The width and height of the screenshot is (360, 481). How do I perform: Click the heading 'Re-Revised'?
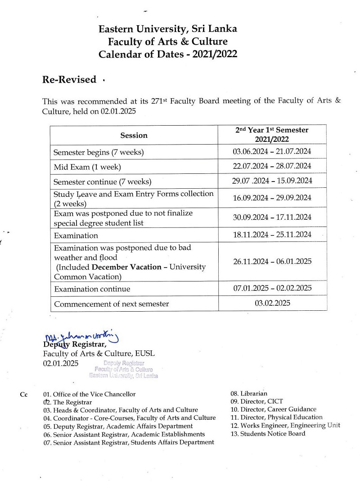[x=69, y=80]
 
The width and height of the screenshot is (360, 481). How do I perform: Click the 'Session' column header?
[x=134, y=135]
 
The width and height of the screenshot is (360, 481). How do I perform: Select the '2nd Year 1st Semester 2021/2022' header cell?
[x=272, y=135]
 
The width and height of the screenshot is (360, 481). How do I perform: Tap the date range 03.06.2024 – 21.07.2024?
[x=272, y=151]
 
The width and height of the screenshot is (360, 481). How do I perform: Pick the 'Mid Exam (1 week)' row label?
[x=87, y=167]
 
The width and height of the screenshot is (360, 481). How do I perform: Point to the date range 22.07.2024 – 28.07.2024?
[x=272, y=166]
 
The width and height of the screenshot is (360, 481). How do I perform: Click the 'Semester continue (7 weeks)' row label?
[x=102, y=182]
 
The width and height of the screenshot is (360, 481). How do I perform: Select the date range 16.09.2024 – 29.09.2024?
[x=272, y=197]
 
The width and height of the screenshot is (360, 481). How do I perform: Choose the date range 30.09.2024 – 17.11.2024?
[x=272, y=217]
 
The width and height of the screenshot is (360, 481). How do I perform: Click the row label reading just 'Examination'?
[x=76, y=236]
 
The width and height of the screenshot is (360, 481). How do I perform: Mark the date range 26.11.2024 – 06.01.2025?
[x=272, y=261]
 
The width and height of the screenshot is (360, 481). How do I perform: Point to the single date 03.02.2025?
[x=272, y=303]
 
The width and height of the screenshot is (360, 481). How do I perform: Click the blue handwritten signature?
[x=81, y=336]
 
